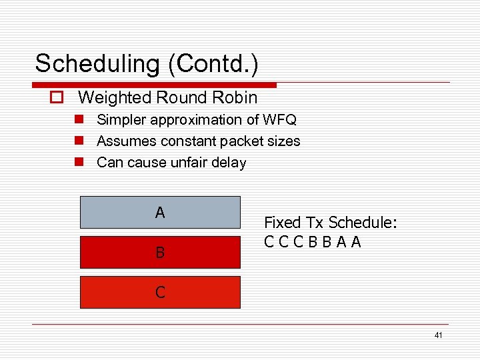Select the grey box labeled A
(x=160, y=213)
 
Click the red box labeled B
(x=160, y=252)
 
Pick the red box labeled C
(x=160, y=292)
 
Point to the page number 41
(x=438, y=335)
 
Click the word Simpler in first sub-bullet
(x=122, y=120)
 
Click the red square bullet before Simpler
(x=79, y=120)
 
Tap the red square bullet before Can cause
(x=79, y=163)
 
